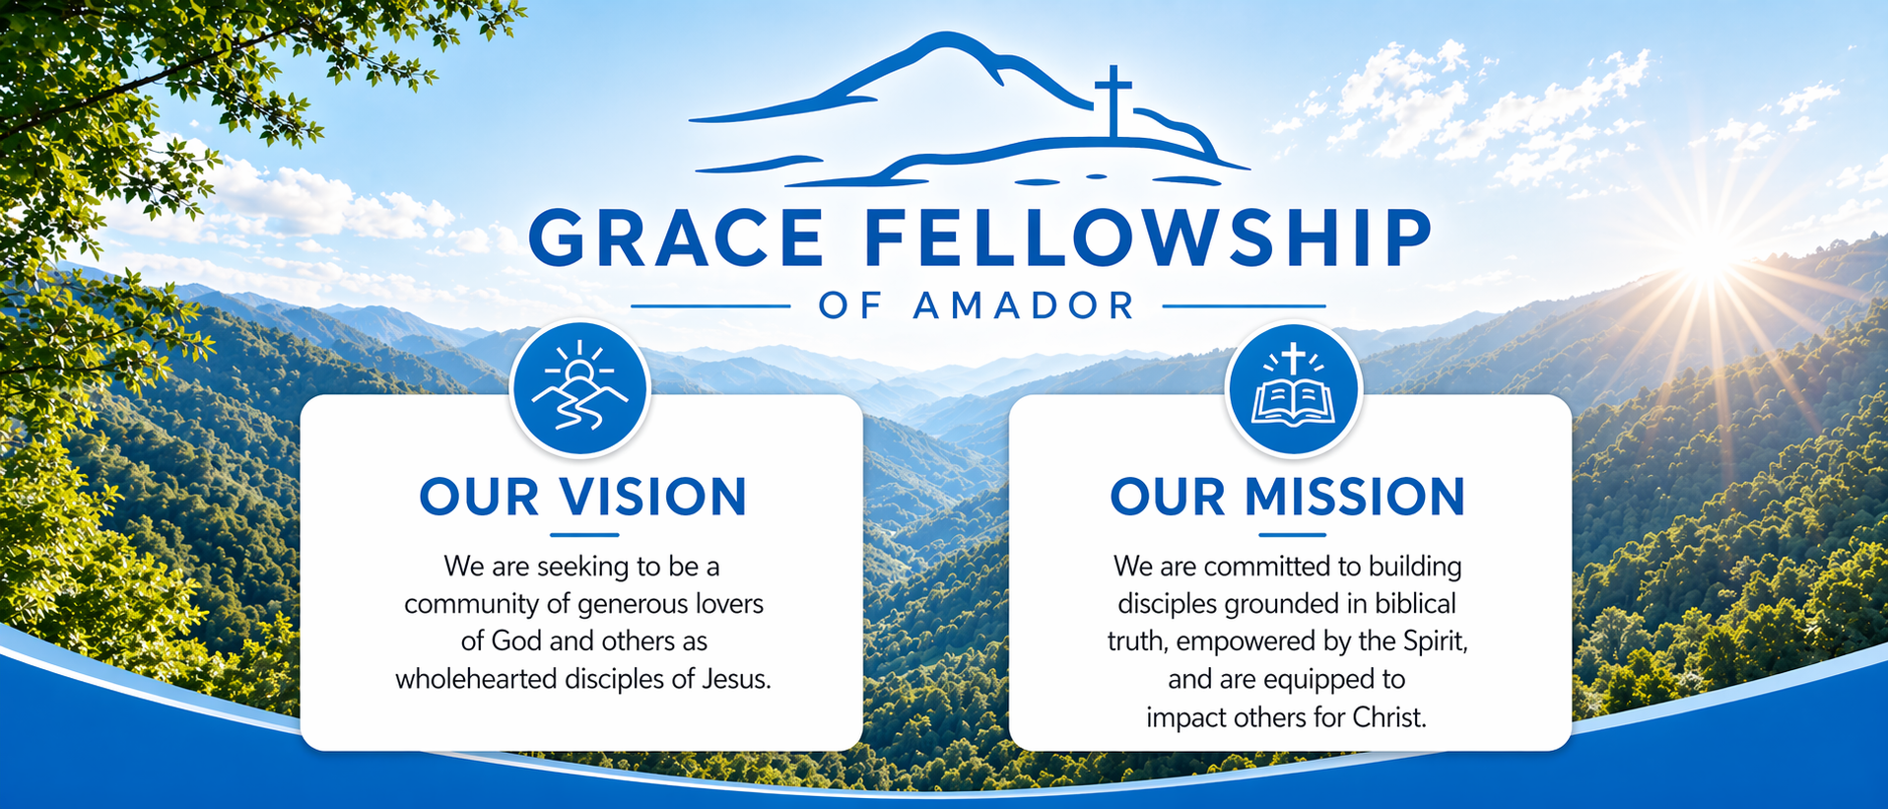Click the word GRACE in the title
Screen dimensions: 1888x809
click(677, 237)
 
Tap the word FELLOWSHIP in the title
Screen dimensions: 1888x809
click(1148, 237)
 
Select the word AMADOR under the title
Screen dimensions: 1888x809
click(1025, 305)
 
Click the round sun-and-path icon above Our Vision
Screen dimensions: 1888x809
click(579, 388)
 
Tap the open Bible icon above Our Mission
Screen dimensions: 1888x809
click(1293, 388)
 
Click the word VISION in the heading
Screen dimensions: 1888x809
click(653, 497)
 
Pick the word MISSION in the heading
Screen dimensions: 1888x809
click(1355, 497)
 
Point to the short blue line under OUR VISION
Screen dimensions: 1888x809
click(584, 535)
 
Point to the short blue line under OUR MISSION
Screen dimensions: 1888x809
click(1292, 535)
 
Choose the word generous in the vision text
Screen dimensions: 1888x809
click(633, 605)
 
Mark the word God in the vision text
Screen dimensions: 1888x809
click(516, 641)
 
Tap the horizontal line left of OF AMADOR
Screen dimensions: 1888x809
click(710, 306)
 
